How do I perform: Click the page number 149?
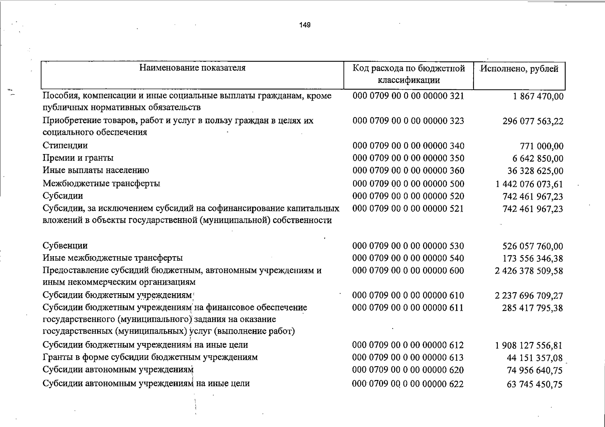coord(305,25)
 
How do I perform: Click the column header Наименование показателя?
coord(192,68)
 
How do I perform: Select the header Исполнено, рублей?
coord(519,69)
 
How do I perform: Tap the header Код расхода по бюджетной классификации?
coord(408,74)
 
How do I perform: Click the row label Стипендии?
coord(65,146)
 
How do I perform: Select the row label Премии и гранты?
coord(78,158)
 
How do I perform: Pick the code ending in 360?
coord(408,170)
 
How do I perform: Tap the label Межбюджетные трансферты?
coord(101,183)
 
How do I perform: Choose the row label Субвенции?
coord(65,246)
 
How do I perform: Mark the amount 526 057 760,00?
coord(532,246)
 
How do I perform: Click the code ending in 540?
coord(408,258)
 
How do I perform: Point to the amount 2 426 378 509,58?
coord(529,271)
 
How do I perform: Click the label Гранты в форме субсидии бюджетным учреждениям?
coord(150,357)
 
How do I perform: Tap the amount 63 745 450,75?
coord(534,384)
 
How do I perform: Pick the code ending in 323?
coord(408,121)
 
